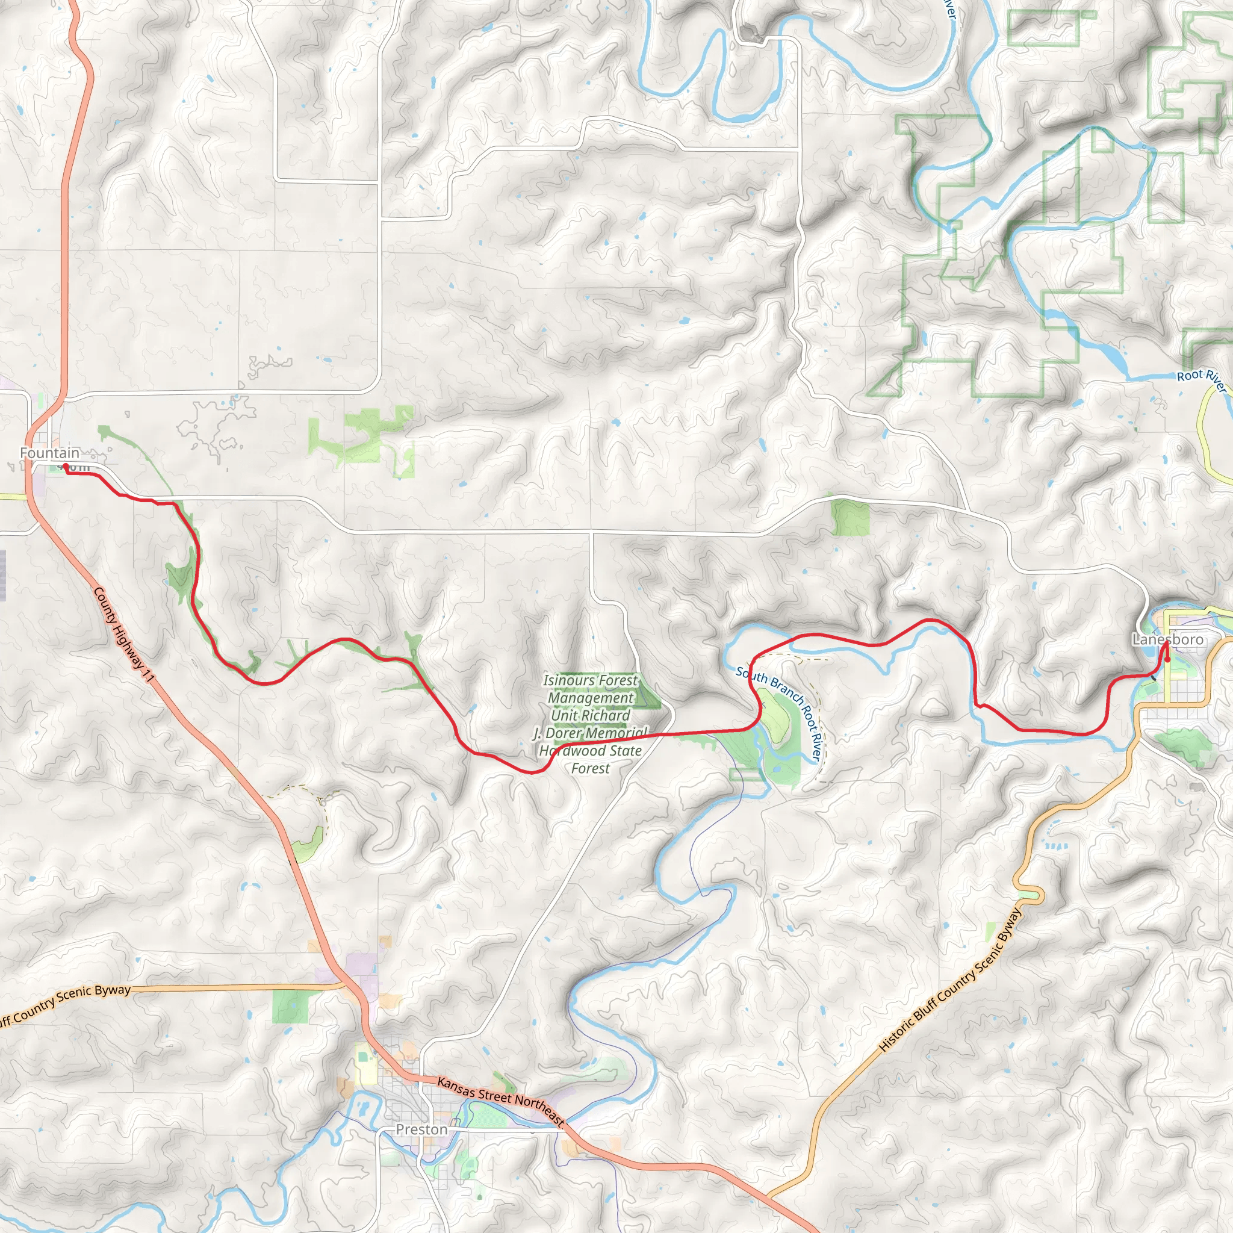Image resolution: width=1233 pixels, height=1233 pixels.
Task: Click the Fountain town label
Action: click(x=50, y=453)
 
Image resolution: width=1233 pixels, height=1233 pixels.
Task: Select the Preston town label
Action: click(x=421, y=1129)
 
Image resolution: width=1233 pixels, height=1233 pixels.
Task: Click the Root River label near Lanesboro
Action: click(x=1201, y=380)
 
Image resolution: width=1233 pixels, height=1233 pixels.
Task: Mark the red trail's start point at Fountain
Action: click(x=65, y=466)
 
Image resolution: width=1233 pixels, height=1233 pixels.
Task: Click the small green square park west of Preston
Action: click(x=290, y=1007)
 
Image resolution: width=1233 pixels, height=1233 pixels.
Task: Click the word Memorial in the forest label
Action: click(x=617, y=733)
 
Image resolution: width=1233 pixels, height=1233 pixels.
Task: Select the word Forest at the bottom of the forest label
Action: click(x=591, y=768)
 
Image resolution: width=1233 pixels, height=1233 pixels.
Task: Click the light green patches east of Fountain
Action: click(x=361, y=437)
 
